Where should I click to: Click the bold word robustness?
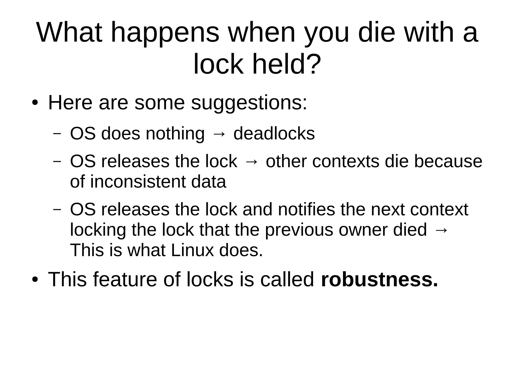tap(379, 279)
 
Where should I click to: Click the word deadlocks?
tap(274, 134)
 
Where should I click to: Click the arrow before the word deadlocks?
tap(219, 134)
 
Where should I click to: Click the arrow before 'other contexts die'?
tap(251, 162)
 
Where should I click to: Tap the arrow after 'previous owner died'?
tap(441, 230)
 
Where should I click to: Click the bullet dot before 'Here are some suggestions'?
tap(35, 103)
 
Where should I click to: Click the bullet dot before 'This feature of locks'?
tap(35, 280)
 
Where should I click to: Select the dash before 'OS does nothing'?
tap(57, 134)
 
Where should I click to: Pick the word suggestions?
tap(249, 103)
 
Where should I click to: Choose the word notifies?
tap(306, 209)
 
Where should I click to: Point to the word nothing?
tap(175, 134)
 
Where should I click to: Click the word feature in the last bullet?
tap(125, 279)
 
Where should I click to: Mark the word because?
tap(448, 161)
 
